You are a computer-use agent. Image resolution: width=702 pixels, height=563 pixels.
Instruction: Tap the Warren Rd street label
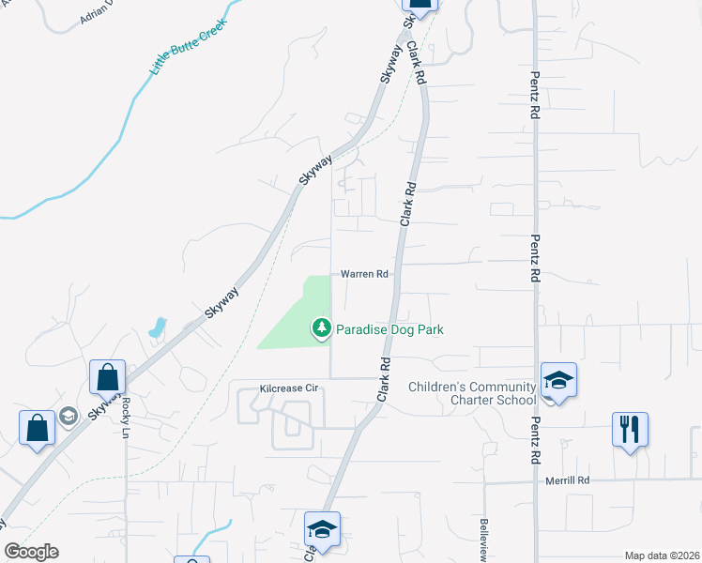point(364,275)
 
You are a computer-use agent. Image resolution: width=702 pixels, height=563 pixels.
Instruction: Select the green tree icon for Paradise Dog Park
point(322,327)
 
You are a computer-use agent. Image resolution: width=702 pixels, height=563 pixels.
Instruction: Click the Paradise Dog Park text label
point(389,329)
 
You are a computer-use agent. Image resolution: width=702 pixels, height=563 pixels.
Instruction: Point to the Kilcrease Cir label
point(290,388)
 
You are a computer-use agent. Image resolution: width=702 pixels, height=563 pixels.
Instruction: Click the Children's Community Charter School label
point(472,393)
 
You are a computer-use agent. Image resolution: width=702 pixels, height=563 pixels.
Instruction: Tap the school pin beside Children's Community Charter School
point(557,380)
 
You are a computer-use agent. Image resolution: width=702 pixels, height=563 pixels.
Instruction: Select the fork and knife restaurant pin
point(630,430)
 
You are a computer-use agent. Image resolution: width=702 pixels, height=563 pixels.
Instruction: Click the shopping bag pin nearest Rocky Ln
point(108,377)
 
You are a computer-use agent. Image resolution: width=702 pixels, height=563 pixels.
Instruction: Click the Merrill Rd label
point(568,480)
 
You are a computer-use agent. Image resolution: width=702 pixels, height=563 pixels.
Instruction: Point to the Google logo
point(31,552)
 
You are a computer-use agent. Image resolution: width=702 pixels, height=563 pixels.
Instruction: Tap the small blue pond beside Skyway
point(157,329)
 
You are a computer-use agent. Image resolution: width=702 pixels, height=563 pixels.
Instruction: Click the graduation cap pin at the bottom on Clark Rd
point(322,527)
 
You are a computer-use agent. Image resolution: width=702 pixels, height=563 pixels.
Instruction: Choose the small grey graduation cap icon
point(69,415)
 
